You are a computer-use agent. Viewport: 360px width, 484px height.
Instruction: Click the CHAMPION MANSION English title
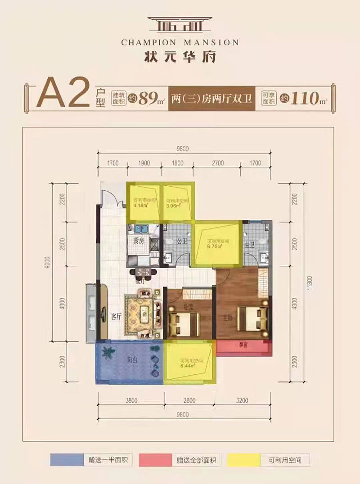coord(180,43)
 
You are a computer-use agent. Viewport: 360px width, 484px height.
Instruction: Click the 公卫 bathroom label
coord(182,241)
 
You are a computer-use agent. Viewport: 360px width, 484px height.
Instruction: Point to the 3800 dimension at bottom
coord(131,400)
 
